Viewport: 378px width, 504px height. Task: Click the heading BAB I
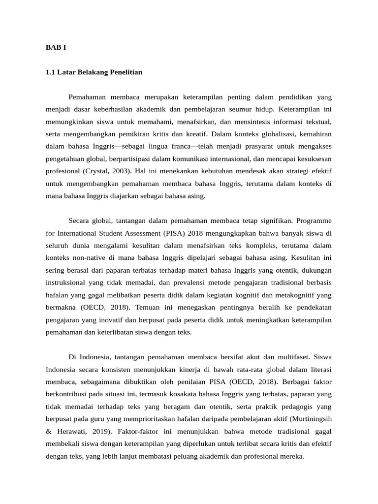(56, 47)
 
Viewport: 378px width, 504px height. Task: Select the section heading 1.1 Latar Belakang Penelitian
(94, 72)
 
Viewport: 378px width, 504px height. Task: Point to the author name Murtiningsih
(311, 419)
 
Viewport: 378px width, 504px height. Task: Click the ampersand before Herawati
(49, 432)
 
